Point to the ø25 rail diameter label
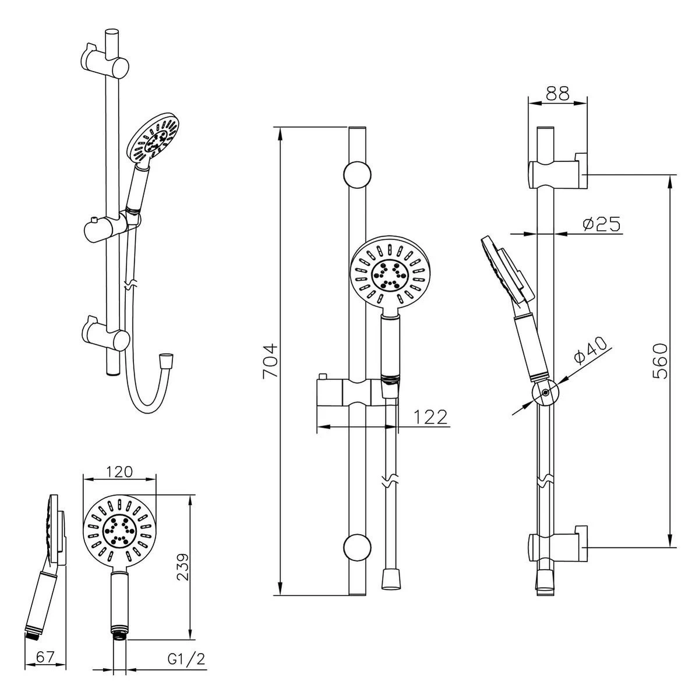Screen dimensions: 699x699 point(600,223)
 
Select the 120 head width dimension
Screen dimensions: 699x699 point(119,471)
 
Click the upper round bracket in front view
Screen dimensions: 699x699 point(357,175)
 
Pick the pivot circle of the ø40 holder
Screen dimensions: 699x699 point(545,393)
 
